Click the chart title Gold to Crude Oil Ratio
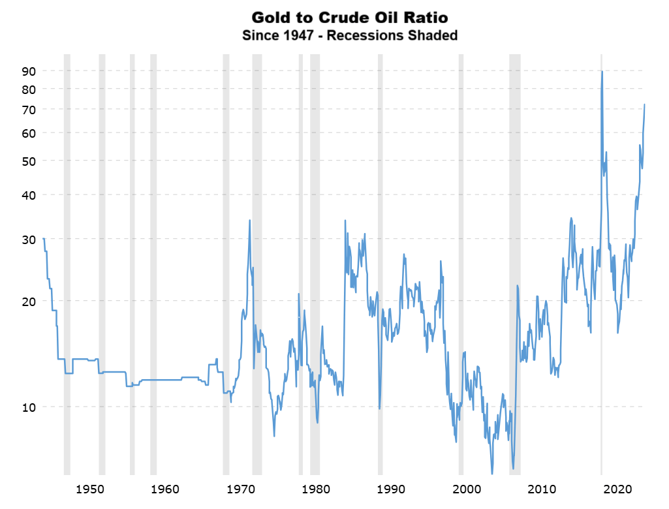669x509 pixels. coord(350,17)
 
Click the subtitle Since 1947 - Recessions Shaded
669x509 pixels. coord(350,35)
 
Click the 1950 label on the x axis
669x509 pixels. coord(90,489)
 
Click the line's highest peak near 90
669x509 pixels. coord(602,72)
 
